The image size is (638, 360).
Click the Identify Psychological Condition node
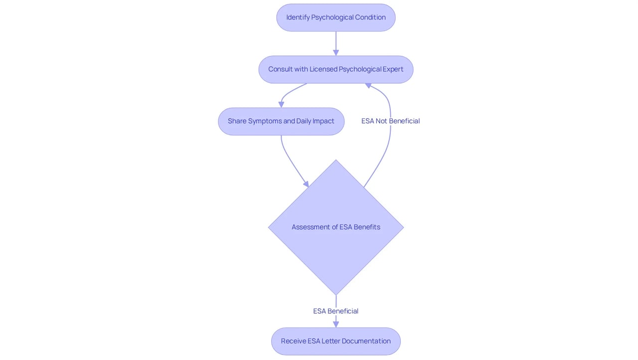[336, 17]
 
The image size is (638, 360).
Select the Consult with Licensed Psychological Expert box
[336, 69]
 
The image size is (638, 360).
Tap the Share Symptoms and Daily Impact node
[281, 121]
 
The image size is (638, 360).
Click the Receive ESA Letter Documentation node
[336, 341]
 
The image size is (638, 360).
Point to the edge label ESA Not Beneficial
[390, 121]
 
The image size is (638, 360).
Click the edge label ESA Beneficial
[336, 311]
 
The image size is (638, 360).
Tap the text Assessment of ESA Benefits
[336, 227]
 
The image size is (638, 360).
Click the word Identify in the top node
[298, 17]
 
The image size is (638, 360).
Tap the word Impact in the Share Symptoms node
[323, 121]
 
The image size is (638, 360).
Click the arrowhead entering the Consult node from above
[336, 53]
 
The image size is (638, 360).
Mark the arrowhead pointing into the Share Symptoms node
[281, 105]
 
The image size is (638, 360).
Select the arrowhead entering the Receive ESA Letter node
[336, 325]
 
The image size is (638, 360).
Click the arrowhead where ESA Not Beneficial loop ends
[368, 85]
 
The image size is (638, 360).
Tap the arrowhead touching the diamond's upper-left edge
[306, 184]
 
